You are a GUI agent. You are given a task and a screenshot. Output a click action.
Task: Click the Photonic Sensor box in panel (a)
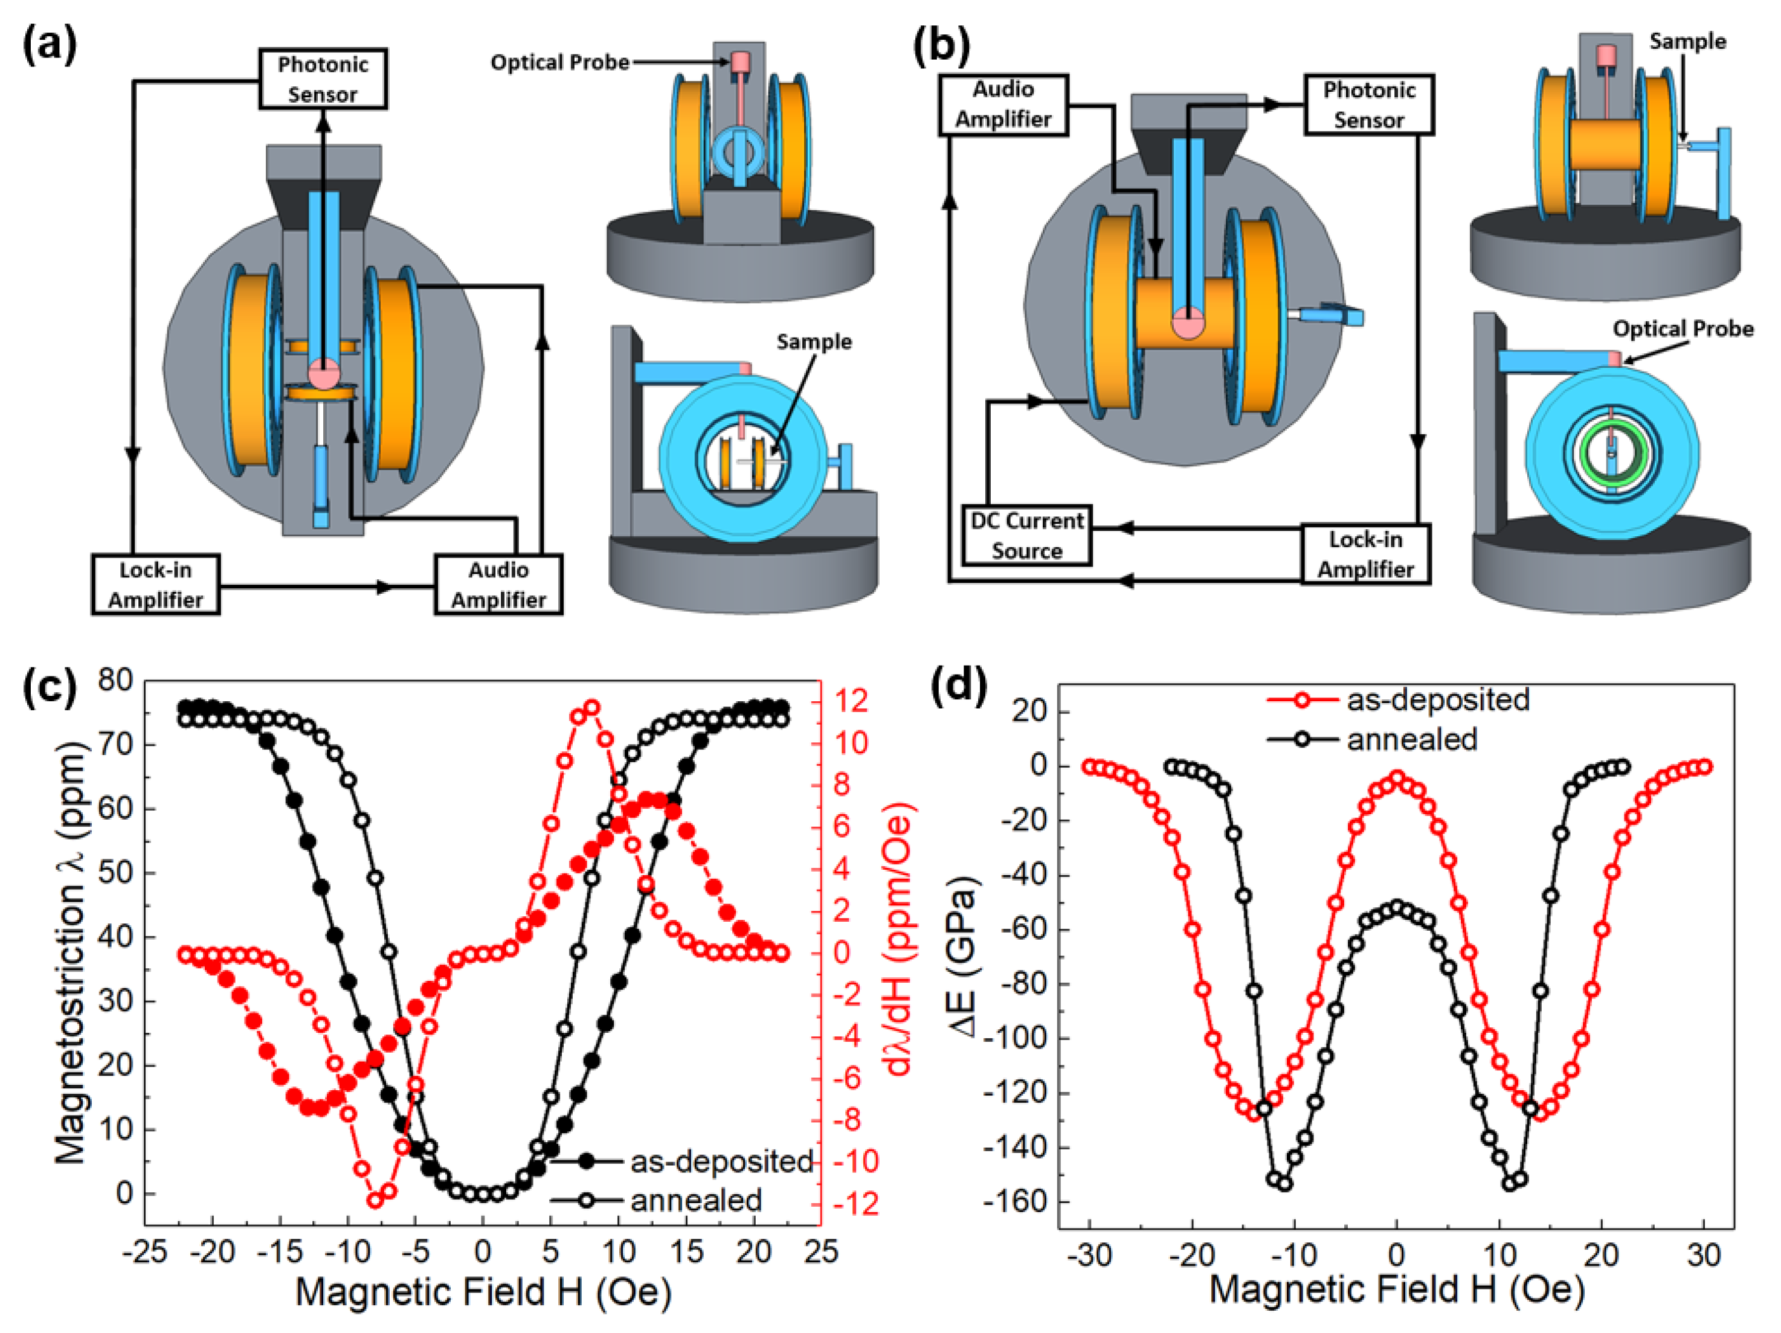click(x=322, y=79)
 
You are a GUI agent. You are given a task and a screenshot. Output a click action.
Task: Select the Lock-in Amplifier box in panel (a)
click(x=155, y=585)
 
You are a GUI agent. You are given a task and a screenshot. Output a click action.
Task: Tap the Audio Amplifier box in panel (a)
click(x=498, y=585)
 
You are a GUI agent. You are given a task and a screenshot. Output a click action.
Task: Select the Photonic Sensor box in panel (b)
click(x=1369, y=104)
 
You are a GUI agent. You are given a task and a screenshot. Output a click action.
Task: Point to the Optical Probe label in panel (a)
click(x=559, y=63)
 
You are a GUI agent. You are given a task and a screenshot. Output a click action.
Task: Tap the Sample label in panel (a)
click(x=814, y=342)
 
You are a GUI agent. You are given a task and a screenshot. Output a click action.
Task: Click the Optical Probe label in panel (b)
click(x=1683, y=329)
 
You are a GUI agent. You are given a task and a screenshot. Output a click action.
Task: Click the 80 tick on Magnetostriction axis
click(x=115, y=681)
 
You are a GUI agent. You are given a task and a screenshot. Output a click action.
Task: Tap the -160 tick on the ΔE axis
click(x=1017, y=1201)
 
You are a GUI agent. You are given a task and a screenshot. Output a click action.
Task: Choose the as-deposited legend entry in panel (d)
click(x=1437, y=699)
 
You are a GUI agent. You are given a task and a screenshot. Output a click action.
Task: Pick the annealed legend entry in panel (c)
click(x=695, y=1200)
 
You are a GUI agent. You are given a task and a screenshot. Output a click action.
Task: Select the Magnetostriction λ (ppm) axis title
click(x=71, y=954)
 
